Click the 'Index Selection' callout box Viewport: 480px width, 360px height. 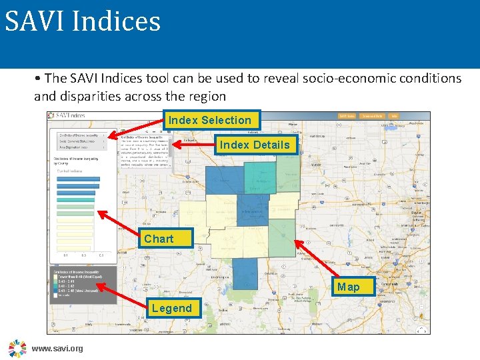[210, 121]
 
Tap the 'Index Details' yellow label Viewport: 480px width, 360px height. [255, 145]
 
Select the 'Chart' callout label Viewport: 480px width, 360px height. [159, 239]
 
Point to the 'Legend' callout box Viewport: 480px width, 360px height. [171, 308]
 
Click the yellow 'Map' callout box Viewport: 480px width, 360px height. [348, 287]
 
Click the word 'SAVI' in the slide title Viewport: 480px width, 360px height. [34, 21]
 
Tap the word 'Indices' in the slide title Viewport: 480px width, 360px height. [116, 21]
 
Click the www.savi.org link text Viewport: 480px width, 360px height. [57, 349]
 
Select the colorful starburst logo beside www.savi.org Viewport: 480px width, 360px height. [17, 348]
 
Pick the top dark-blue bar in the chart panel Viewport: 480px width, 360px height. [75, 177]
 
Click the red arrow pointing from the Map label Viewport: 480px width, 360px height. [316, 259]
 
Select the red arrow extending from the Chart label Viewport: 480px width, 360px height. [119, 225]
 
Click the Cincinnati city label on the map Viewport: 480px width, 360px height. [391, 284]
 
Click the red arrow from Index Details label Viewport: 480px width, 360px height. [193, 143]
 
